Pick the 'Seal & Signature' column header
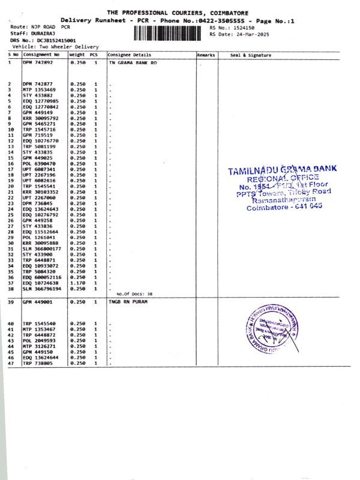[251, 55]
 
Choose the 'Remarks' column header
[206, 55]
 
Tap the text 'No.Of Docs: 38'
[134, 294]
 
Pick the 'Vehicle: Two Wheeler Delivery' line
[55, 46]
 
